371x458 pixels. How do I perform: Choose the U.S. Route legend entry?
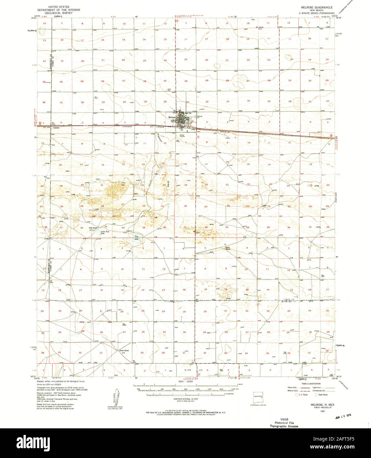(303, 394)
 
